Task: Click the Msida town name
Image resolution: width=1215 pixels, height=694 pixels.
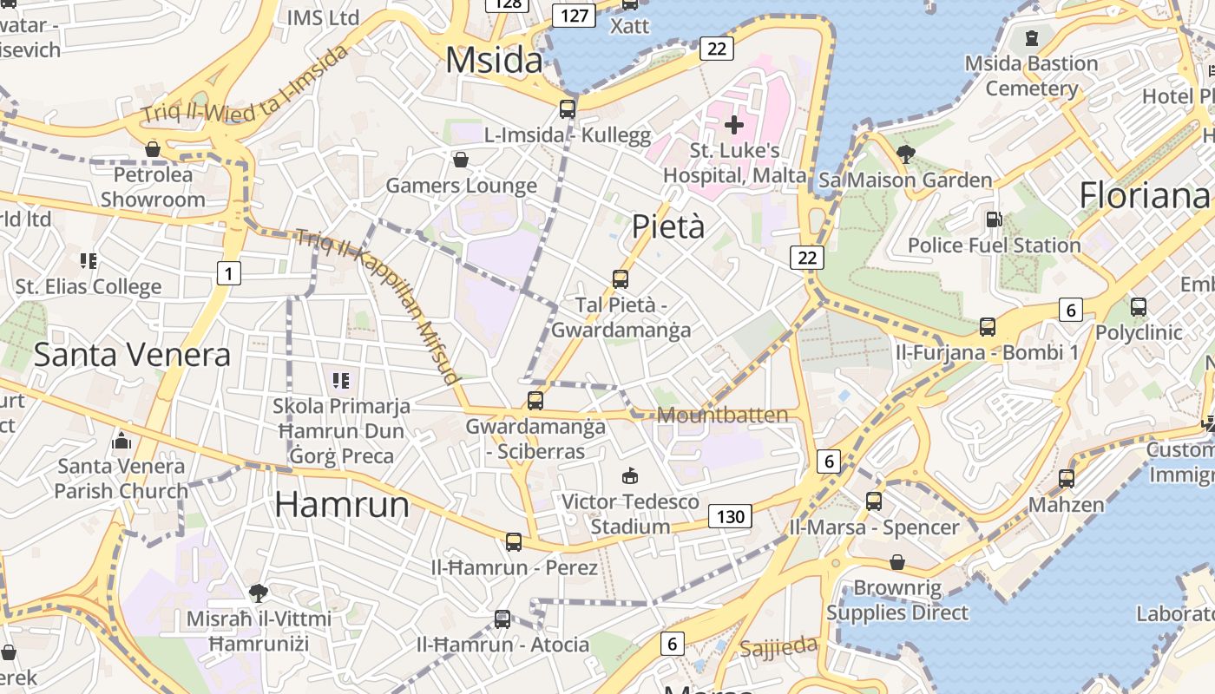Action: [x=494, y=60]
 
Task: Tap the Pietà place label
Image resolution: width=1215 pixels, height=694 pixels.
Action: [x=667, y=226]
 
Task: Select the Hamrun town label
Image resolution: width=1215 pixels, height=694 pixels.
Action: [x=342, y=504]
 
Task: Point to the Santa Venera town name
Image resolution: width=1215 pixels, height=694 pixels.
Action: [x=132, y=354]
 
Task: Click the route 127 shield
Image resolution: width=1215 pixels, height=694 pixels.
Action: [x=575, y=15]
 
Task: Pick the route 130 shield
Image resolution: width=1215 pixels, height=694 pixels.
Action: [x=730, y=517]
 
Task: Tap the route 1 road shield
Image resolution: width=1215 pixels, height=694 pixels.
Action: [x=228, y=274]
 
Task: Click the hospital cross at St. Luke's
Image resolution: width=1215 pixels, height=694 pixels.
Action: [x=734, y=125]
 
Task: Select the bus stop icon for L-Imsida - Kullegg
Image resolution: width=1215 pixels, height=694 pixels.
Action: [x=568, y=109]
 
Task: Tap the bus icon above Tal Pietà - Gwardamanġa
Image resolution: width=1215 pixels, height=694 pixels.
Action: [x=621, y=279]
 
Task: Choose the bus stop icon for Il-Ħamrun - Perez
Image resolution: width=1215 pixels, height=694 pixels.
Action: [x=514, y=542]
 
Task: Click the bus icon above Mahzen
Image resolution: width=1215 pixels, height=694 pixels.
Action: [x=1066, y=478]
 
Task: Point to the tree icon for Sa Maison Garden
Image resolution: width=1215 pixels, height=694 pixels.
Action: [x=905, y=154]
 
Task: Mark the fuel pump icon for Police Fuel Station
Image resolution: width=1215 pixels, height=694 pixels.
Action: [x=994, y=219]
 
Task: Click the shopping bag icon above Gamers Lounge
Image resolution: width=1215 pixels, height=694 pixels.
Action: [x=461, y=160]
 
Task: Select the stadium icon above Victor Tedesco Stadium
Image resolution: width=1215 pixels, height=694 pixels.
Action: [x=630, y=475]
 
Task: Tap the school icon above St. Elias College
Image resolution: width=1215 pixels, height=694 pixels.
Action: [x=88, y=260]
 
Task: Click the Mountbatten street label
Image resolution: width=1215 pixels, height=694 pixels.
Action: [x=723, y=415]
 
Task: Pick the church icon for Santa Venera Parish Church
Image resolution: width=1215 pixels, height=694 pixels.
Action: [x=121, y=441]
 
